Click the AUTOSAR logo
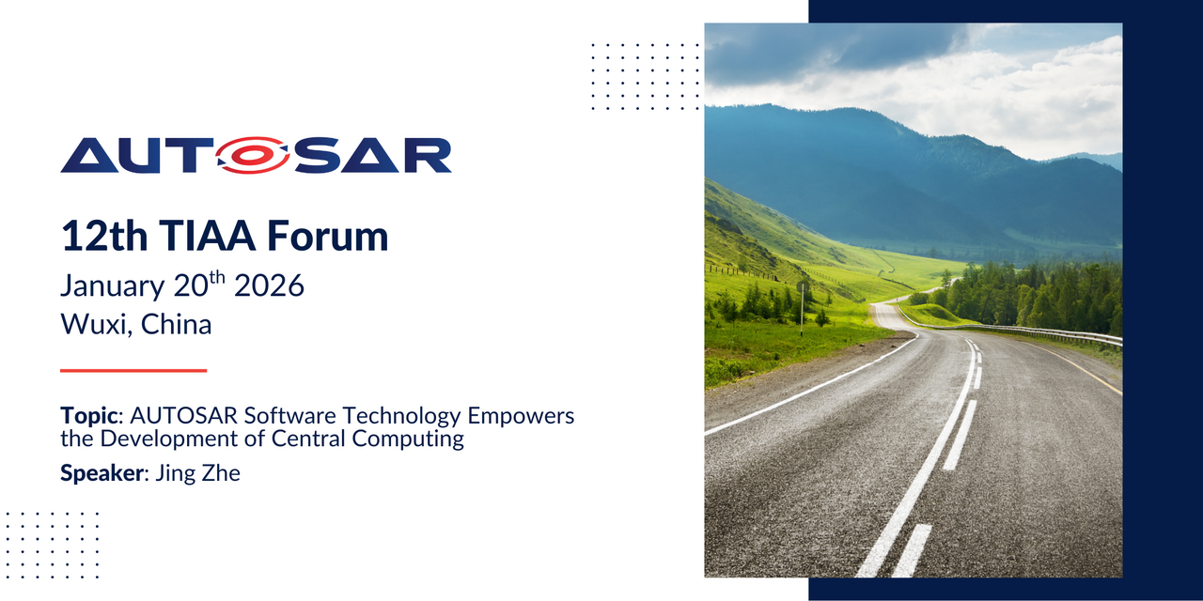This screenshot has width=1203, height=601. tap(256, 156)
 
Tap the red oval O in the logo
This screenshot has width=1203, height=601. tap(256, 156)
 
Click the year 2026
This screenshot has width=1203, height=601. tap(270, 285)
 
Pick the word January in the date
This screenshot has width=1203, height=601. tap(114, 285)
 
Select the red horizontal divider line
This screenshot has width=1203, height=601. tap(133, 371)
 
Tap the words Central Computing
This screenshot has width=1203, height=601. tap(390, 439)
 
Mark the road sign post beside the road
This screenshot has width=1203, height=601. tap(802, 305)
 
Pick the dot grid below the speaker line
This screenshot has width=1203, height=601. tap(53, 545)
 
